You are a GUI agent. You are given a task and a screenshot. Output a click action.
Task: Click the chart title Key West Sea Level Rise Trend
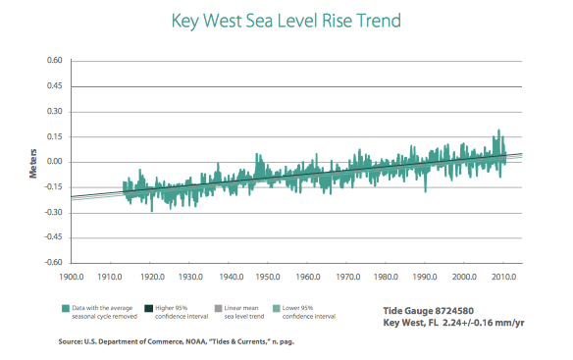286,21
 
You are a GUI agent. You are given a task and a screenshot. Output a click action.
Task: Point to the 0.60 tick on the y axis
54,60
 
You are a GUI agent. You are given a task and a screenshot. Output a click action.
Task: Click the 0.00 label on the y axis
54,162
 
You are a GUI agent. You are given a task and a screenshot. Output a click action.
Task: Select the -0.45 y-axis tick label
53,236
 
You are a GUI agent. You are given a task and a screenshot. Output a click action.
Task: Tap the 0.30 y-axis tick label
54,111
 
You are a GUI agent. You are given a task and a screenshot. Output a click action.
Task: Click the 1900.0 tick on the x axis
72,277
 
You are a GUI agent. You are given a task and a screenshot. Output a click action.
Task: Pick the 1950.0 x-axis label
268,277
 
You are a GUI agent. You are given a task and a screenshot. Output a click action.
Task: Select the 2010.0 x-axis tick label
504,277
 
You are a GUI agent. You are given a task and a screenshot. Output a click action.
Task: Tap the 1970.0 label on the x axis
348,277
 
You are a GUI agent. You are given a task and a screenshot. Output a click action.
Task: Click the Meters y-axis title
33,164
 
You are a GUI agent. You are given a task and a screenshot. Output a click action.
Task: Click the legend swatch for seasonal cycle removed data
66,308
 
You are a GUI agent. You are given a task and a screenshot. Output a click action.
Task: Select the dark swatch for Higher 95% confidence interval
148,308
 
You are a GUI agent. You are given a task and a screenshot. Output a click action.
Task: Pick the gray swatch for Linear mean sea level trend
218,308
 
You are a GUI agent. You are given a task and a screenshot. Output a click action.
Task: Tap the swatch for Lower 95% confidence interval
277,308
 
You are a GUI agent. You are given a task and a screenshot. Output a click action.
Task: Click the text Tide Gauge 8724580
429,311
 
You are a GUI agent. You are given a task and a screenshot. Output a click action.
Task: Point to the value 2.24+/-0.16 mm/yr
484,323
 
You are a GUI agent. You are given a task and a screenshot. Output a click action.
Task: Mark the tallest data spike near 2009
498,130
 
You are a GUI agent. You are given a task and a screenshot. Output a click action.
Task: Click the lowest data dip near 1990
425,190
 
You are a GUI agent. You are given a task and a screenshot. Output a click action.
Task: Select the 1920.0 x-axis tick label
152,277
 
